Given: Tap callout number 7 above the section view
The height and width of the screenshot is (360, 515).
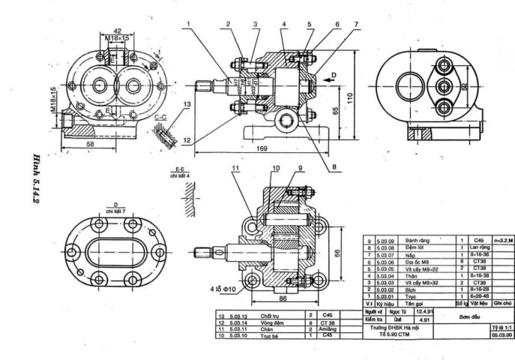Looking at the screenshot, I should click(356, 24).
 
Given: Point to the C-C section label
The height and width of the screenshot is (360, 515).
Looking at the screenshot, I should click(160, 117).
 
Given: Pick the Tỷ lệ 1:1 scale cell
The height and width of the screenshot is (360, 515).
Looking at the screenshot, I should click(499, 328).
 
